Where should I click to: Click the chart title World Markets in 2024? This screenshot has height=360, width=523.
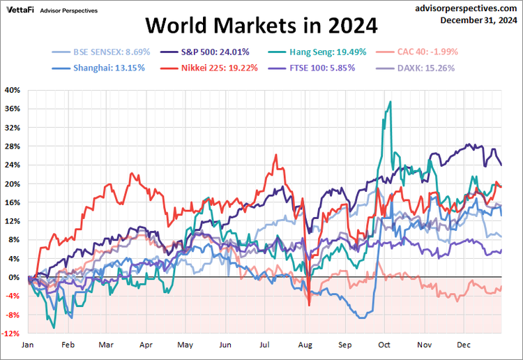261,26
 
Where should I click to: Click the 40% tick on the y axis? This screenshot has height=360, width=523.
13,90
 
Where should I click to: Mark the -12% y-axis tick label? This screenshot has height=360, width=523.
12,333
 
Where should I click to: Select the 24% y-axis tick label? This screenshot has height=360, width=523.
13,165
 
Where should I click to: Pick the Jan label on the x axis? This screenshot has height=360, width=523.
28,345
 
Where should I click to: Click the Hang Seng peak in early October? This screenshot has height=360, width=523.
391,102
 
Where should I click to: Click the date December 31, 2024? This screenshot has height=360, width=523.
478,20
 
